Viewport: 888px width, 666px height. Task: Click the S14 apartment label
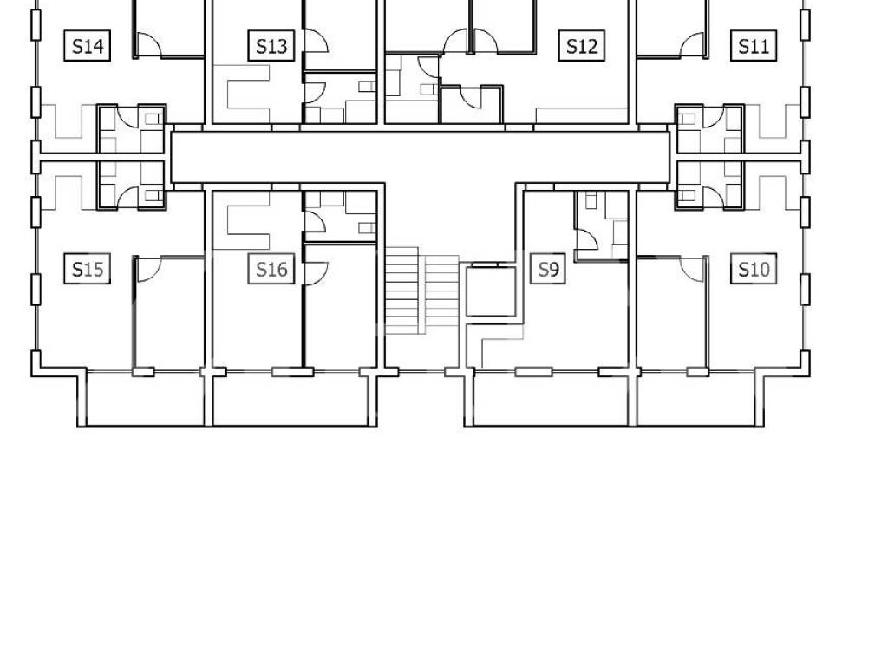pos(88,45)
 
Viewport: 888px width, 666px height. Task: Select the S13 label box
pos(271,45)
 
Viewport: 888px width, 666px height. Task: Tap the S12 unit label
pos(582,45)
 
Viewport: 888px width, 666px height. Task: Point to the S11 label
pos(754,45)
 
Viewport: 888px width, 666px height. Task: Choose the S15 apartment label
pos(88,269)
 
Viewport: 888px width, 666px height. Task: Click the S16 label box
pos(271,269)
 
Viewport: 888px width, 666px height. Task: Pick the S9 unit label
pos(548,269)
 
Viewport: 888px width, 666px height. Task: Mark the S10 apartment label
pos(754,269)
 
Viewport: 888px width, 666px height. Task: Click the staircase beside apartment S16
pos(422,291)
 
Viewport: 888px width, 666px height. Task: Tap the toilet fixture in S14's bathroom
pos(153,119)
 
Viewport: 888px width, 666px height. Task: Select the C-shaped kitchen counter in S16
pos(247,212)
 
